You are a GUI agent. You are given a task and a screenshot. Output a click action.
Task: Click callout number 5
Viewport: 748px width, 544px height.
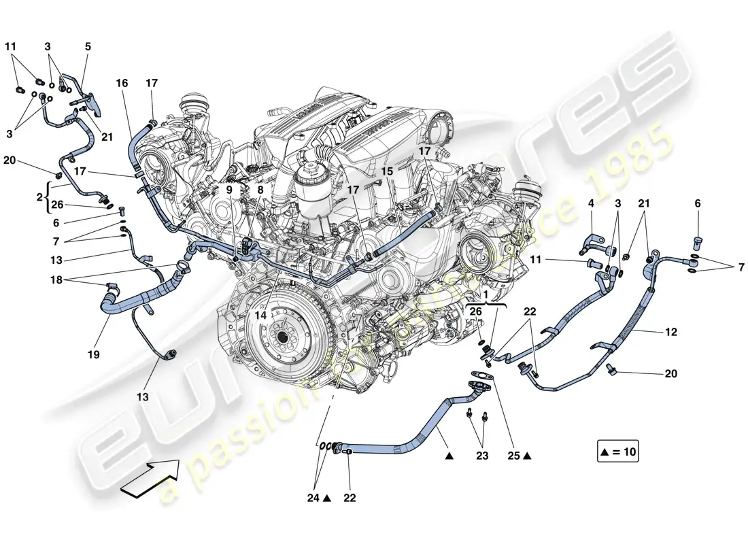tap(88, 47)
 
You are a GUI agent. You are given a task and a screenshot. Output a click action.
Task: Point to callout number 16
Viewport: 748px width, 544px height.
tap(122, 83)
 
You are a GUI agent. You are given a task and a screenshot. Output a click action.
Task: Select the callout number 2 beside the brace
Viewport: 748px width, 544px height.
tap(39, 197)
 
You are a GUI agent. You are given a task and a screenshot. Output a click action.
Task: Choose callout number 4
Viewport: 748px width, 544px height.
tap(591, 203)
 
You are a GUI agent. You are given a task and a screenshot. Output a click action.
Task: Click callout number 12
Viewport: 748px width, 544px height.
tap(671, 332)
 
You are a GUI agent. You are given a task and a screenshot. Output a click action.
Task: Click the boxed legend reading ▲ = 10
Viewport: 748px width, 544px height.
tap(618, 451)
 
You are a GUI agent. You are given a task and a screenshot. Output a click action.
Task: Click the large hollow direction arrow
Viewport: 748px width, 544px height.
tap(151, 476)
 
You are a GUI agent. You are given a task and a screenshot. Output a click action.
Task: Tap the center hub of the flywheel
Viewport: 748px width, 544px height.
tap(282, 338)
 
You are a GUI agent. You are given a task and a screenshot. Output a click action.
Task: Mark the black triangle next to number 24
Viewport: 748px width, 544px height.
tap(327, 498)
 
